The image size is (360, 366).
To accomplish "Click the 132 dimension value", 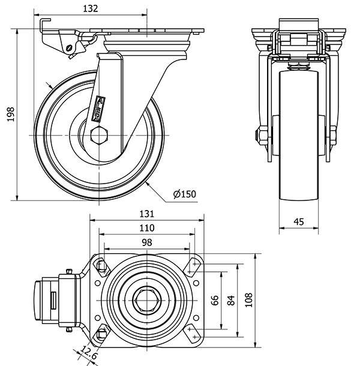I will [x=91, y=9].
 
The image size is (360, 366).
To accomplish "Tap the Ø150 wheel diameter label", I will [x=184, y=193].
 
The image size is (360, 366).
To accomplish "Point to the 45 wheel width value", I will [x=299, y=222].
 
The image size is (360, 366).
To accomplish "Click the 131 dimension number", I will [x=146, y=214].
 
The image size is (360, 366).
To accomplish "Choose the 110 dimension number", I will [x=146, y=228].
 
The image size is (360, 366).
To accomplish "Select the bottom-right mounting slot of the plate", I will [x=193, y=332].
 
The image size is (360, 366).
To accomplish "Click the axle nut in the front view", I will [x=262, y=136].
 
